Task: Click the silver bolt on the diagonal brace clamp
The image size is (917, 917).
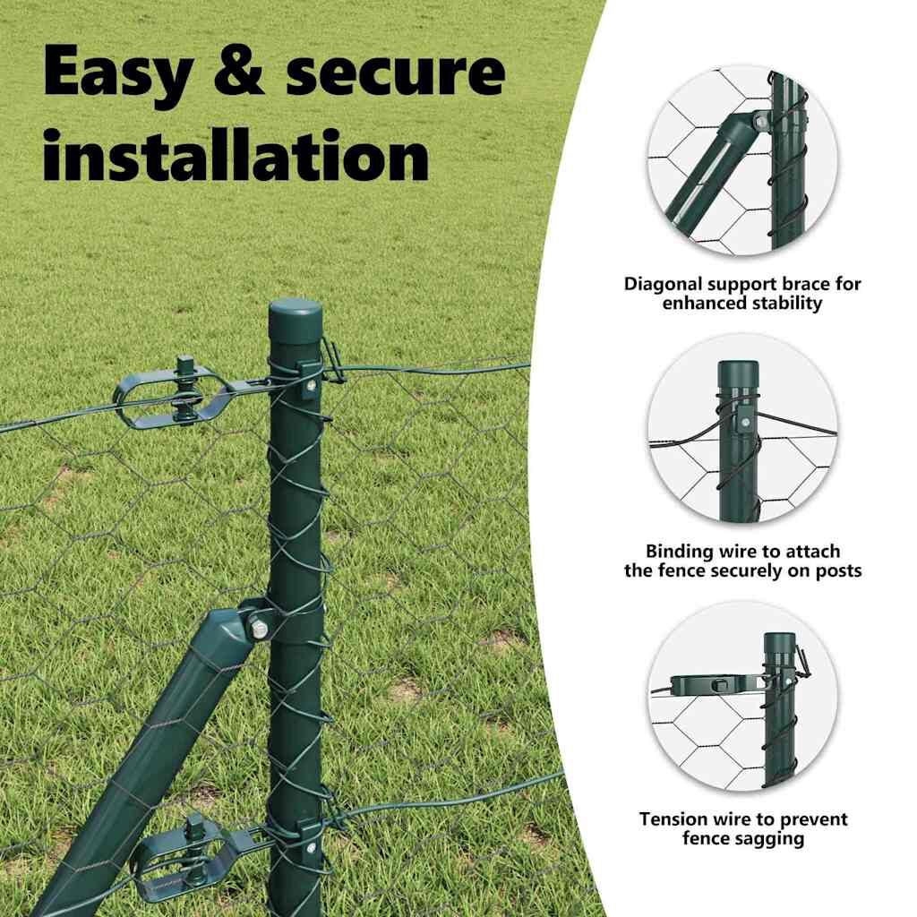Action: click(259, 630)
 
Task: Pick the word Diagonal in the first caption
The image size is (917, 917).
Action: click(664, 284)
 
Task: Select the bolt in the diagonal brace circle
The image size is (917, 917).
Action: click(760, 122)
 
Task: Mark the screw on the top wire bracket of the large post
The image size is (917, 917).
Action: click(312, 385)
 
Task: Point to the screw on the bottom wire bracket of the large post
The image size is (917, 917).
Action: click(311, 847)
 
